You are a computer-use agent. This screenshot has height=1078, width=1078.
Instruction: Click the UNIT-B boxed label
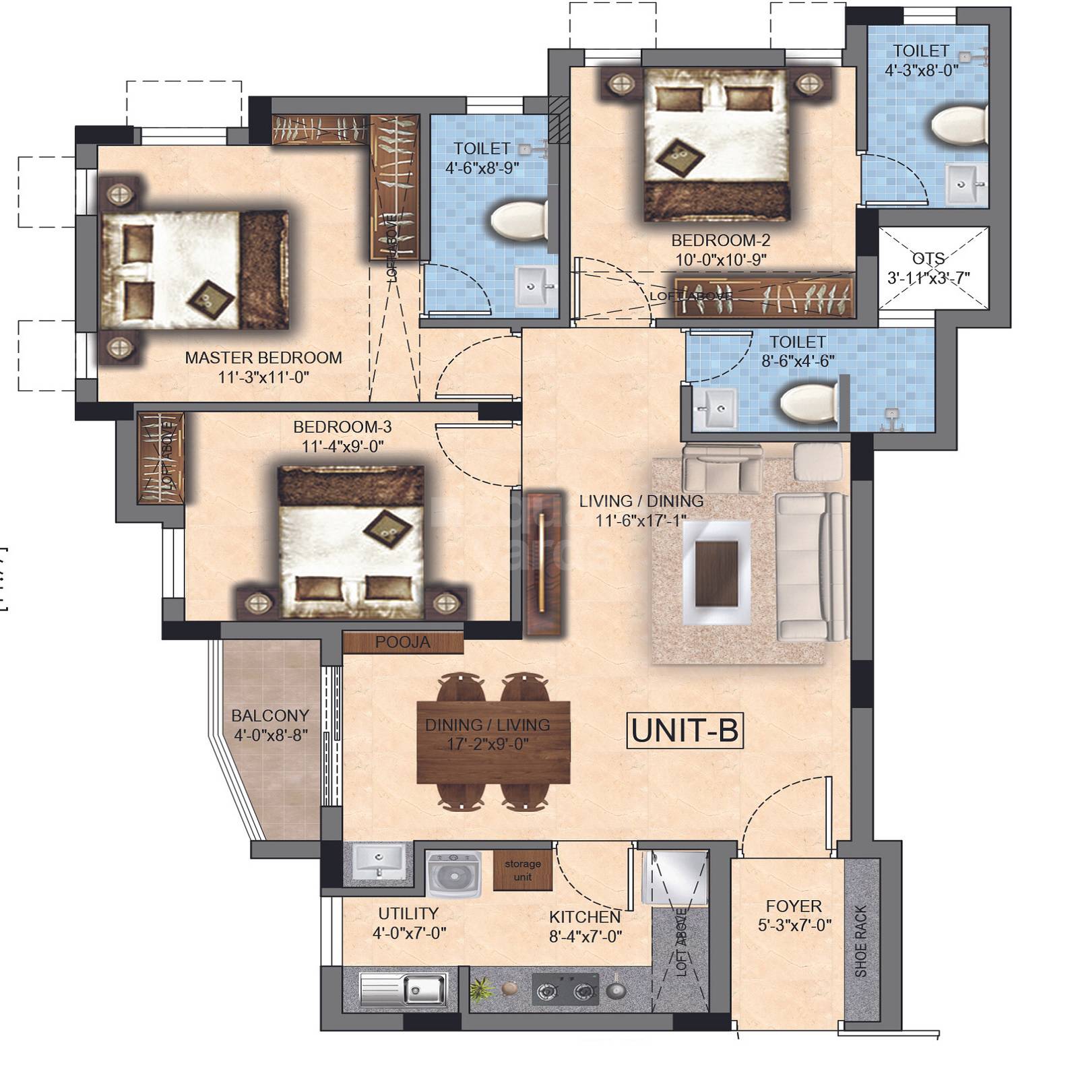[x=685, y=730]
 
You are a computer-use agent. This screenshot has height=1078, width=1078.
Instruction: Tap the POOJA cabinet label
[x=402, y=642]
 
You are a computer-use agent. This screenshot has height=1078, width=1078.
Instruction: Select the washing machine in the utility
[x=454, y=875]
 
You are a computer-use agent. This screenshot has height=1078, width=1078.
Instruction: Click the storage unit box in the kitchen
[x=522, y=870]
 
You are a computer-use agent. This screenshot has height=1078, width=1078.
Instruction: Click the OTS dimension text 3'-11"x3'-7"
[x=928, y=278]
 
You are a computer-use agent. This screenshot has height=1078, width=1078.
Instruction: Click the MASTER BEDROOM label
[x=263, y=358]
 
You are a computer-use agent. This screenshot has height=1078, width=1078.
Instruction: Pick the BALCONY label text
[x=270, y=716]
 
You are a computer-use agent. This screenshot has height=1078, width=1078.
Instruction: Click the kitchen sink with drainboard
[x=403, y=990]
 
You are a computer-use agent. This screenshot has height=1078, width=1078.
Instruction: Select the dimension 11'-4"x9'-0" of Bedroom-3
[x=342, y=446]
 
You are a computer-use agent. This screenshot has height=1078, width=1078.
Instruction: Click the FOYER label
[x=794, y=906]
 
